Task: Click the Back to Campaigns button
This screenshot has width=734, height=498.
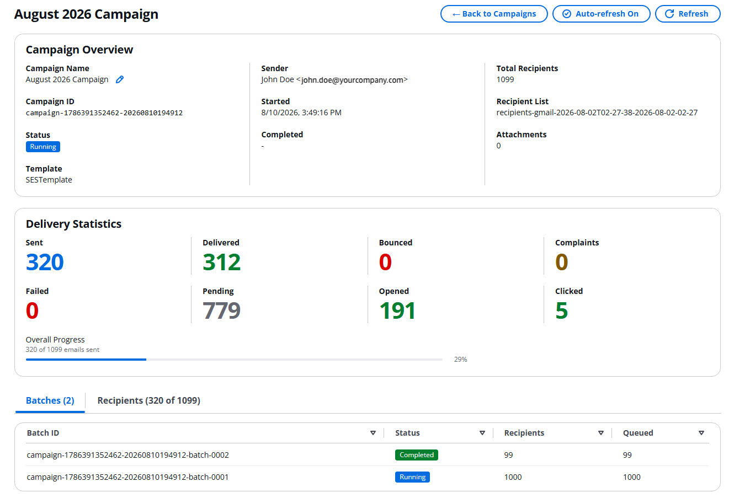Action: click(494, 14)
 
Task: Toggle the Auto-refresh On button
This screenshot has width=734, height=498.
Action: click(602, 14)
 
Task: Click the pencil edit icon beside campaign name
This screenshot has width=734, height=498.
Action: click(120, 79)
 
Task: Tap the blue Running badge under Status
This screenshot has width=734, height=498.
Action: click(43, 147)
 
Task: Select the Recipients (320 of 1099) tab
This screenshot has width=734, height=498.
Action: click(149, 400)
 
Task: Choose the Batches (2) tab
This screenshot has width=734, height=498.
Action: click(50, 400)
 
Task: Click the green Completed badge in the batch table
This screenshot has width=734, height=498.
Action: click(417, 455)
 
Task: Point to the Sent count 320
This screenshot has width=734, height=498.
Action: click(45, 262)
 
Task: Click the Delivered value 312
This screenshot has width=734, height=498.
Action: click(221, 262)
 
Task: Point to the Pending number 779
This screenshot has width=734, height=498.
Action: click(221, 310)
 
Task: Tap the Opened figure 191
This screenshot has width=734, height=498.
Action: click(397, 310)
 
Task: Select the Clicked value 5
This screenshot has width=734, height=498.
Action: click(561, 310)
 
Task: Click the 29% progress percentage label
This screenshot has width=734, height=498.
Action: click(460, 360)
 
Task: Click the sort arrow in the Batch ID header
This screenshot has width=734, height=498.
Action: click(373, 433)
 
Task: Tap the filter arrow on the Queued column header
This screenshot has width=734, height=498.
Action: click(701, 433)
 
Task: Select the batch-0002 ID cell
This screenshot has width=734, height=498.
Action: click(128, 455)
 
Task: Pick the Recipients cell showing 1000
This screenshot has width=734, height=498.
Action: click(513, 477)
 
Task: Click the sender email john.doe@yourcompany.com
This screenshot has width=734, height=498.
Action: click(352, 80)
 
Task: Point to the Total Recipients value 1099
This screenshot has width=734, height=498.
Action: click(505, 79)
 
